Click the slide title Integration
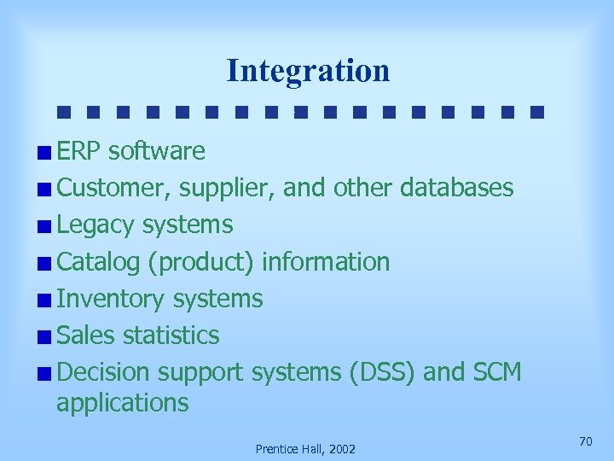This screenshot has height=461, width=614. [308, 71]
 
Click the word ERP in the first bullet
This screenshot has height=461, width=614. [78, 151]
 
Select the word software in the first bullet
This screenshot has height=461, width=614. [156, 151]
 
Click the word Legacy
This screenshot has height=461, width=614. [96, 225]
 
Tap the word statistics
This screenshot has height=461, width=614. [171, 336]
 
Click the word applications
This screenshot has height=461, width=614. [122, 402]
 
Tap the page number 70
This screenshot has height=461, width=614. [585, 441]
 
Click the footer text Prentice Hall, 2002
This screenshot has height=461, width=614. [306, 449]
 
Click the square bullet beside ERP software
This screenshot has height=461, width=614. [43, 153]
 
